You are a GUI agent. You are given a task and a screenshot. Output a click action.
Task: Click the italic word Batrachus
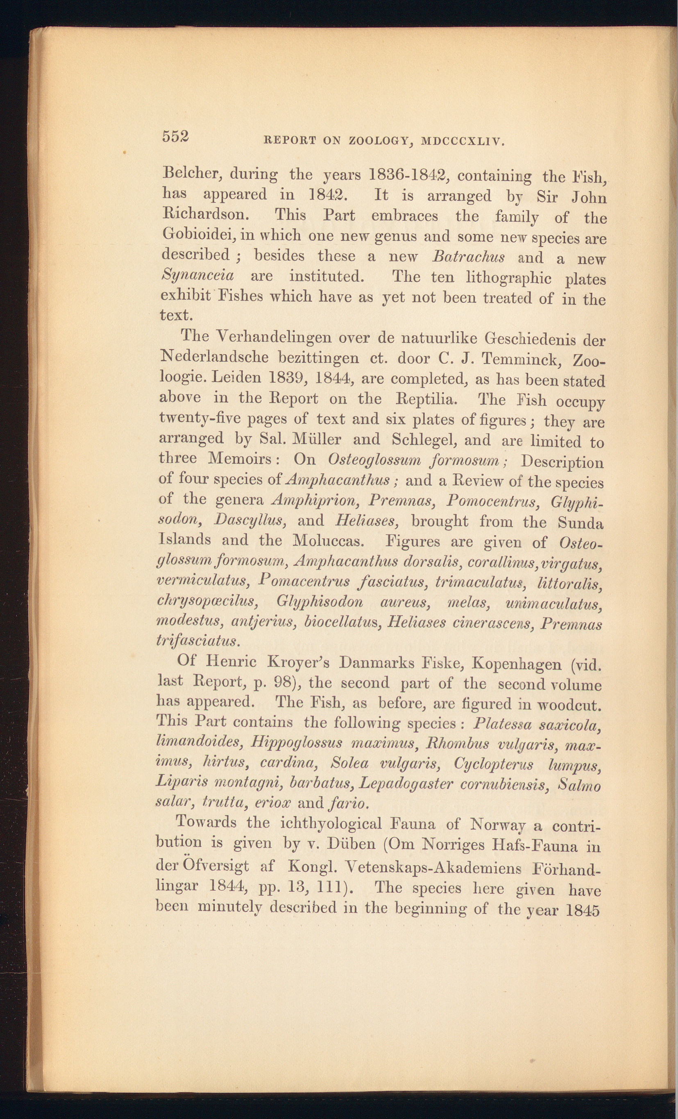(468, 257)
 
